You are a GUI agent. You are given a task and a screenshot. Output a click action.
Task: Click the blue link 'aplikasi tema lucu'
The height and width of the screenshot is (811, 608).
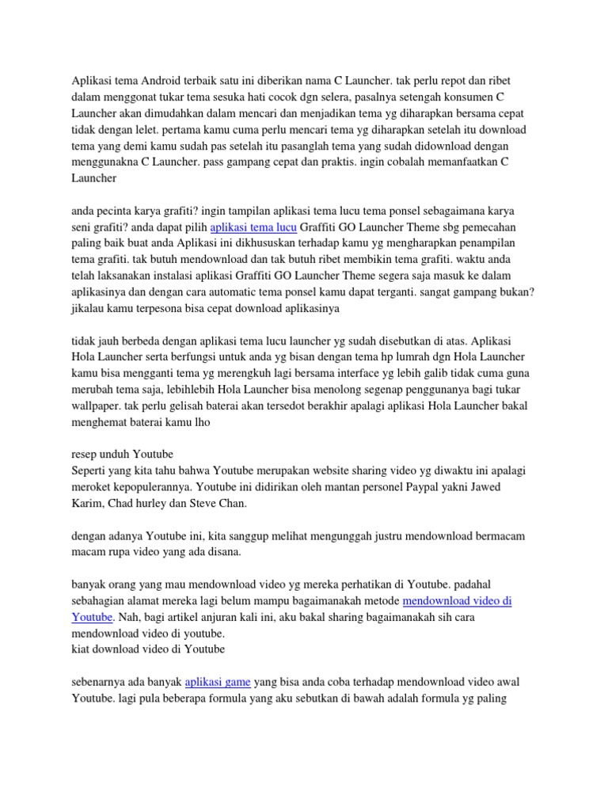pos(253,227)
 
